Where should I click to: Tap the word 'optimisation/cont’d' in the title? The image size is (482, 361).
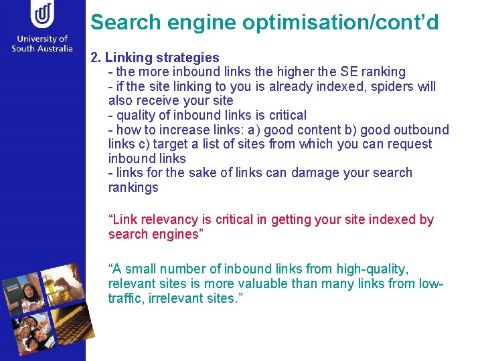tap(341, 23)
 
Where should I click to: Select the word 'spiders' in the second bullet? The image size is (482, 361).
tap(389, 86)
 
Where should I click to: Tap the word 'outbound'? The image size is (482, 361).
tap(421, 130)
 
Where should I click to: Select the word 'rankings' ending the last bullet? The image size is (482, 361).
tap(133, 188)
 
